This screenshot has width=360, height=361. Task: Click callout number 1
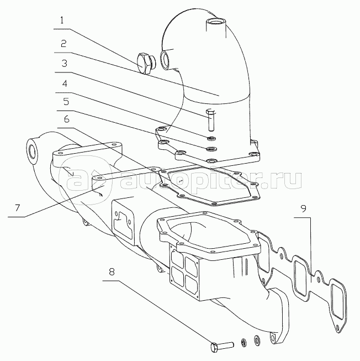[62, 20]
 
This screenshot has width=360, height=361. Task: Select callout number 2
[63, 43]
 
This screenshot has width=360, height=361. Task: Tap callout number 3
[65, 64]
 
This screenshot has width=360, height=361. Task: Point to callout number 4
[65, 83]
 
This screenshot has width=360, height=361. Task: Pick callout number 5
[66, 101]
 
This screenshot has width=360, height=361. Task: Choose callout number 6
[66, 119]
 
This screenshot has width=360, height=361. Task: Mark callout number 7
[18, 208]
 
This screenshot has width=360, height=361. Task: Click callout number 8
[112, 272]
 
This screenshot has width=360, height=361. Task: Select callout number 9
[303, 209]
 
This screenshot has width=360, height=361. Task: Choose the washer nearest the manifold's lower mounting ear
[256, 339]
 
